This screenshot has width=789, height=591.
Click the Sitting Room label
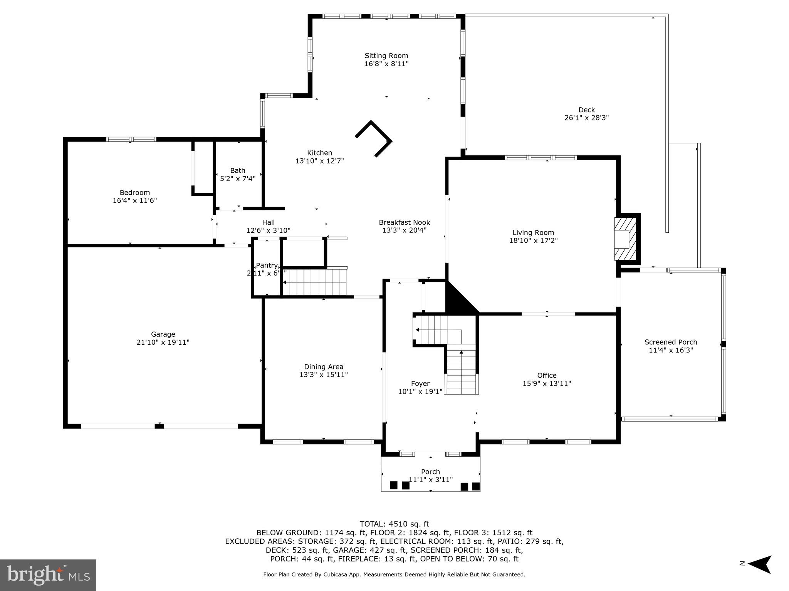pos(386,56)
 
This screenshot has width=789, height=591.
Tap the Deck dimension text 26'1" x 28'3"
pos(586,118)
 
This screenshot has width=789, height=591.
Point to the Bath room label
pos(238,170)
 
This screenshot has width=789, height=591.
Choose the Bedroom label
pos(134,192)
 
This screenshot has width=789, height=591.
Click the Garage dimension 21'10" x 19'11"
pos(163,342)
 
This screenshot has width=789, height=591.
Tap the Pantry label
pos(267,265)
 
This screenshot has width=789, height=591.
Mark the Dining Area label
pos(323,367)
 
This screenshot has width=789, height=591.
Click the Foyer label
pos(420,384)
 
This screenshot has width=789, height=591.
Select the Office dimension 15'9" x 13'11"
pos(546,384)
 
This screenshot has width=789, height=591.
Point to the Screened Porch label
pos(670,342)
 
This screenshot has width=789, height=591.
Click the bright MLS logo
pos(48,575)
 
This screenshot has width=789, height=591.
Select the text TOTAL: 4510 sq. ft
pos(394,524)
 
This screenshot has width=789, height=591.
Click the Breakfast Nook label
pos(404,222)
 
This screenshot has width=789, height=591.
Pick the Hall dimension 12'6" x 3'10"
pos(268,230)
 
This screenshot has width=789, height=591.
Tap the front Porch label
pos(430,472)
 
